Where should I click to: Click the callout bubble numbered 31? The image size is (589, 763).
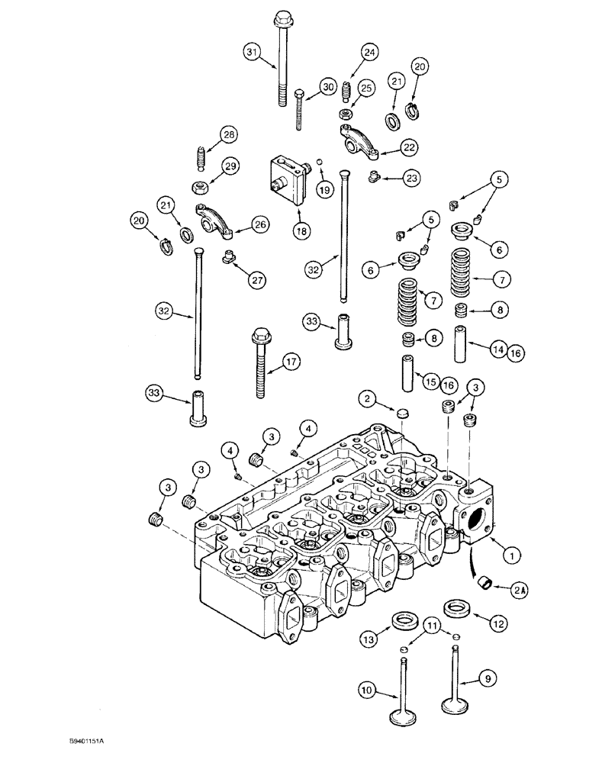tap(253, 52)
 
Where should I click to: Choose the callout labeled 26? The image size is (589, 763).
tap(260, 225)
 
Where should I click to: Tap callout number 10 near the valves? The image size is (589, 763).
tap(367, 692)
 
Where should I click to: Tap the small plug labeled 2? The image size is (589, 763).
tap(401, 414)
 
